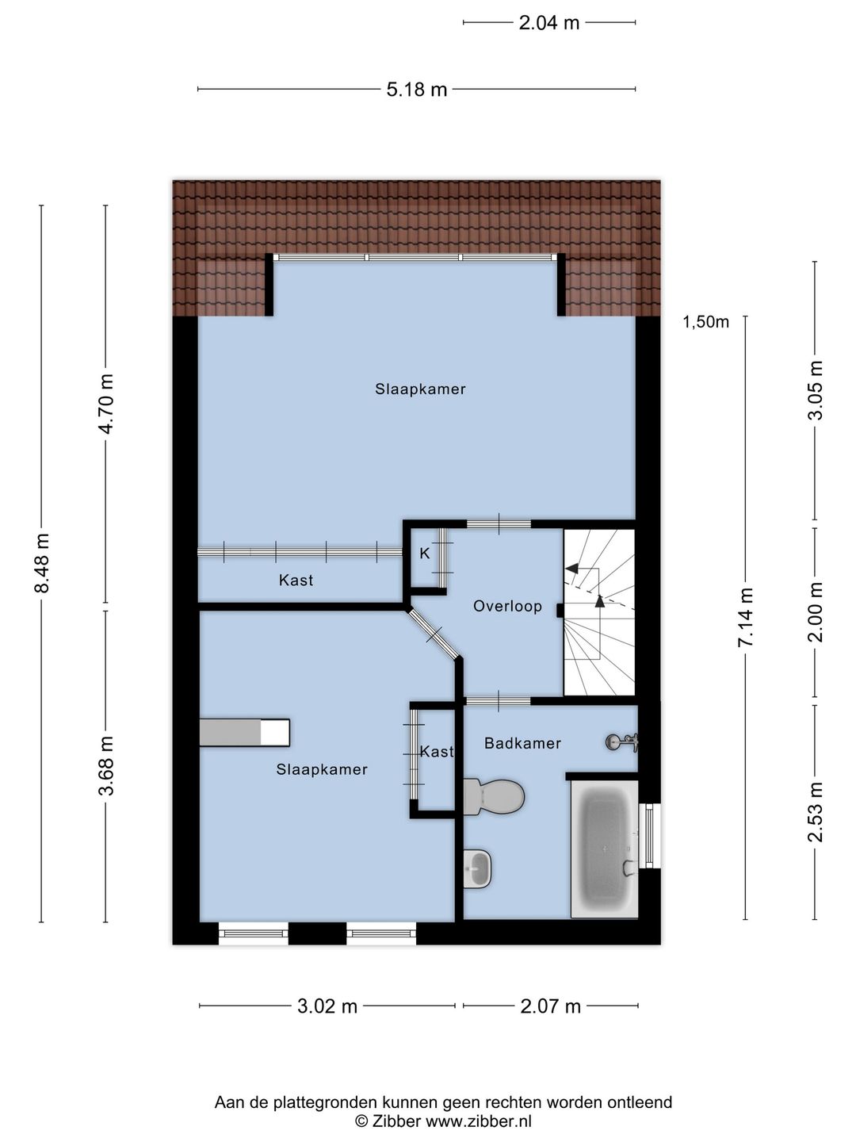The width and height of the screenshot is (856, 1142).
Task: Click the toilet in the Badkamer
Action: (x=495, y=796)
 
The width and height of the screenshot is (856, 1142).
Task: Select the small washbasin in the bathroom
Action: (x=477, y=868)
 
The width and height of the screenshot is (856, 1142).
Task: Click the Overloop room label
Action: (x=507, y=607)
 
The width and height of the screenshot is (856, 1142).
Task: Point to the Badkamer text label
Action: (x=522, y=743)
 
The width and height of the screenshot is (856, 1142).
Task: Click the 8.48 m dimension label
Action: (x=42, y=562)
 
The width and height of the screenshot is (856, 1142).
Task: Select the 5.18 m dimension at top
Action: (x=417, y=90)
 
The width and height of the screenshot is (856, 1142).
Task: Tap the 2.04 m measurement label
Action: (x=549, y=23)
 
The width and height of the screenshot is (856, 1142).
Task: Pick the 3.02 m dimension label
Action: (x=327, y=1006)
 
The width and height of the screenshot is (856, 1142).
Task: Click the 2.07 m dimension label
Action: (x=551, y=1006)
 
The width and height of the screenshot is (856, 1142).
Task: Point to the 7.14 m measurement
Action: (x=746, y=618)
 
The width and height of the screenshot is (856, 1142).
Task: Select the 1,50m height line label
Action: (x=705, y=322)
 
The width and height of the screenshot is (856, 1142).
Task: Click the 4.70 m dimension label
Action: (x=105, y=403)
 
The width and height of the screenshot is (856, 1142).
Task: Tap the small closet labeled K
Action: (x=425, y=554)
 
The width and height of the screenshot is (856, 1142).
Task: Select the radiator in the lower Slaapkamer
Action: (x=244, y=732)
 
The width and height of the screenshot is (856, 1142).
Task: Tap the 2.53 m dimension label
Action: (x=816, y=812)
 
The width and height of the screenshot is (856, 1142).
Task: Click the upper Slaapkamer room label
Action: (x=420, y=389)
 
